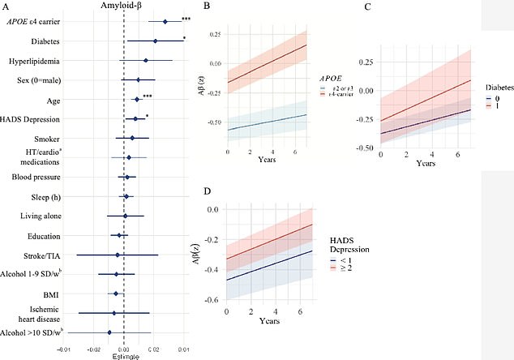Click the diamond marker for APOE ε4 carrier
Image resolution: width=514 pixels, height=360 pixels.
tap(165, 22)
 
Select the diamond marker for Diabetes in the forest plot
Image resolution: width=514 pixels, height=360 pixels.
tap(156, 41)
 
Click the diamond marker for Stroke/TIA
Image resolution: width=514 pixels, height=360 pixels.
tap(118, 255)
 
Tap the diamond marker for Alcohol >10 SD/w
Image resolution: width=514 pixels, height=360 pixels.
tap(109, 332)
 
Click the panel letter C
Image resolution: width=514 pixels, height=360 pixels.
tap(367, 6)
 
